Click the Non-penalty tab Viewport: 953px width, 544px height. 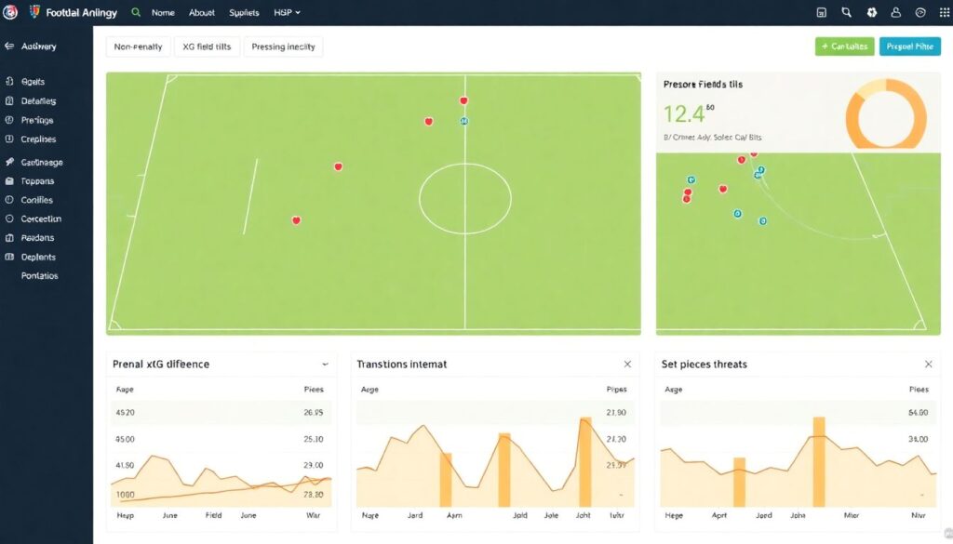click(138, 46)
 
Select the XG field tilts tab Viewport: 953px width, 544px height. click(207, 46)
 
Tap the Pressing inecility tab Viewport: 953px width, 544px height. click(283, 46)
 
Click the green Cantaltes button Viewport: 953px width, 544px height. click(843, 46)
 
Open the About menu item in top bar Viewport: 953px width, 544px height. click(202, 13)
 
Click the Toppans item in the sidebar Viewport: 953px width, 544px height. click(38, 181)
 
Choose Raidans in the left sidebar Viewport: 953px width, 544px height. click(38, 238)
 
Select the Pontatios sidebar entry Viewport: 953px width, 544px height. click(40, 276)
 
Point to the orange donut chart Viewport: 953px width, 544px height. click(885, 113)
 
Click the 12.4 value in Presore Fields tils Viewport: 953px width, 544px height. click(685, 113)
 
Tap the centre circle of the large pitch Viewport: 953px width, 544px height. click(464, 199)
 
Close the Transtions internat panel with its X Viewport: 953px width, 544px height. click(627, 365)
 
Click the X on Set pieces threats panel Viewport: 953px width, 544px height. click(928, 365)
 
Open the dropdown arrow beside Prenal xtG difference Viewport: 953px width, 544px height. click(325, 365)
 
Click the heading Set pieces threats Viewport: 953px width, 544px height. click(704, 365)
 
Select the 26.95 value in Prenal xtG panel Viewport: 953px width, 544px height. click(313, 412)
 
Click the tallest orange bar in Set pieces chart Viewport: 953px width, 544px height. click(819, 461)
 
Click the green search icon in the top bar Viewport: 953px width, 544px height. click(136, 13)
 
